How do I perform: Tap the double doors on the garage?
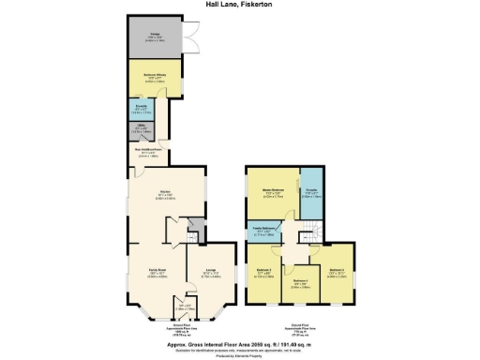pos(190,42)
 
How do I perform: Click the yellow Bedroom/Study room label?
pos(155,79)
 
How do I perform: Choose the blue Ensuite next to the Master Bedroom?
pos(311,195)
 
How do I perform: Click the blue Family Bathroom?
pos(264,232)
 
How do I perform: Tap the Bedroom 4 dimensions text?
pos(337,276)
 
